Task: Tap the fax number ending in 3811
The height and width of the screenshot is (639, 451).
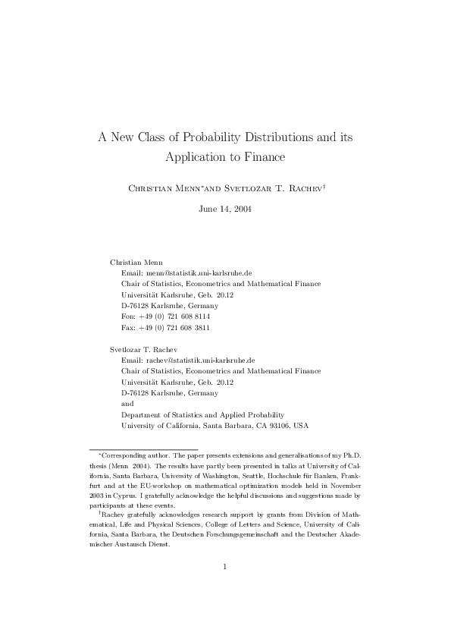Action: pyautogui.click(x=177, y=327)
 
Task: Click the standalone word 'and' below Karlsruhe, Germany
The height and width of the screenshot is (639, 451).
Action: pyautogui.click(x=127, y=404)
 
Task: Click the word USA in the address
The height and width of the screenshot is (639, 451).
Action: pyautogui.click(x=301, y=426)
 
